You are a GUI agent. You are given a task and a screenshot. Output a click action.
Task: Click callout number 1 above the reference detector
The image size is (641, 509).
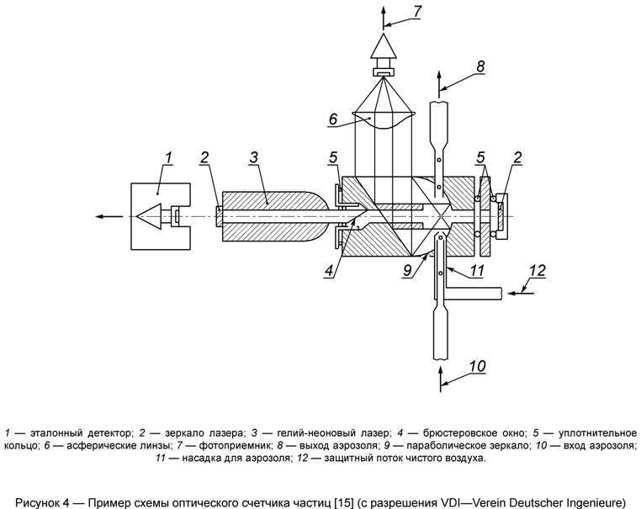(x=169, y=156)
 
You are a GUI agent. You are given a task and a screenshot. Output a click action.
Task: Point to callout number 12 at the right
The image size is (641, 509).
(x=538, y=271)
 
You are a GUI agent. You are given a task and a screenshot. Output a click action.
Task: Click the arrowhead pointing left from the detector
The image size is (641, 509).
(x=99, y=216)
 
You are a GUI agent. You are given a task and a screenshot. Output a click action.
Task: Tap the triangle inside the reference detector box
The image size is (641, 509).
(x=151, y=216)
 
